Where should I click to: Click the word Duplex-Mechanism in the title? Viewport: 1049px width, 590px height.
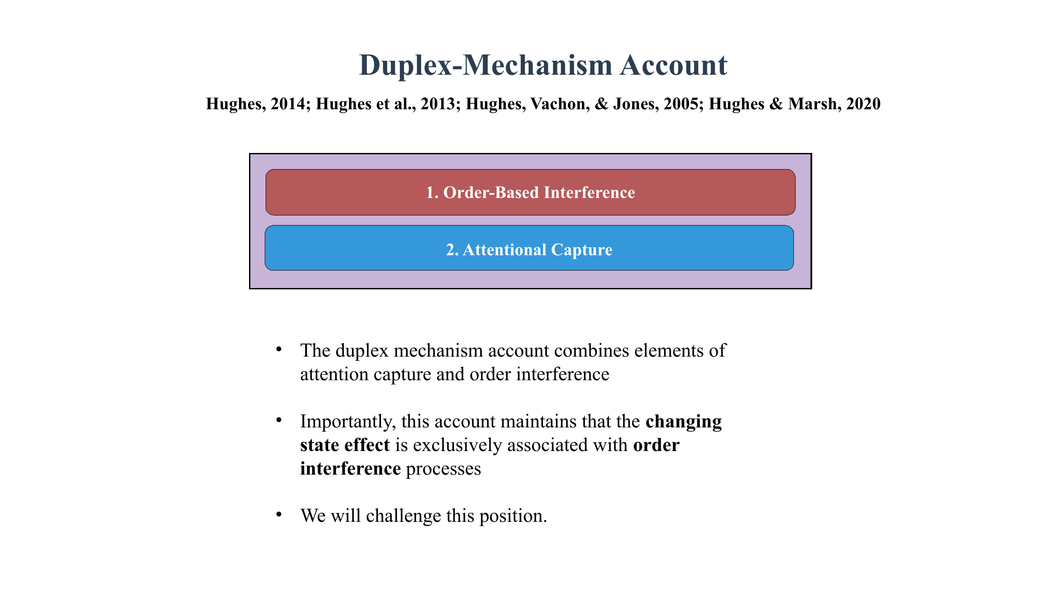coord(485,66)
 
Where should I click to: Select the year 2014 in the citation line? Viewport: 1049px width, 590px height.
coord(288,104)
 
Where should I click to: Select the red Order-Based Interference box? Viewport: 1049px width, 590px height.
coord(530,192)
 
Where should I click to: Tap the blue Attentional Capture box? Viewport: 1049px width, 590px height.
coord(529,248)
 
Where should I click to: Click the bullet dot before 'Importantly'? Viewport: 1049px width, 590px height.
coord(279,420)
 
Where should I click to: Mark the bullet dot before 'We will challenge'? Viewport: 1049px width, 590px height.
coord(279,514)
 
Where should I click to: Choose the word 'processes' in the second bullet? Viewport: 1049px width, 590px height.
coord(443,469)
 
